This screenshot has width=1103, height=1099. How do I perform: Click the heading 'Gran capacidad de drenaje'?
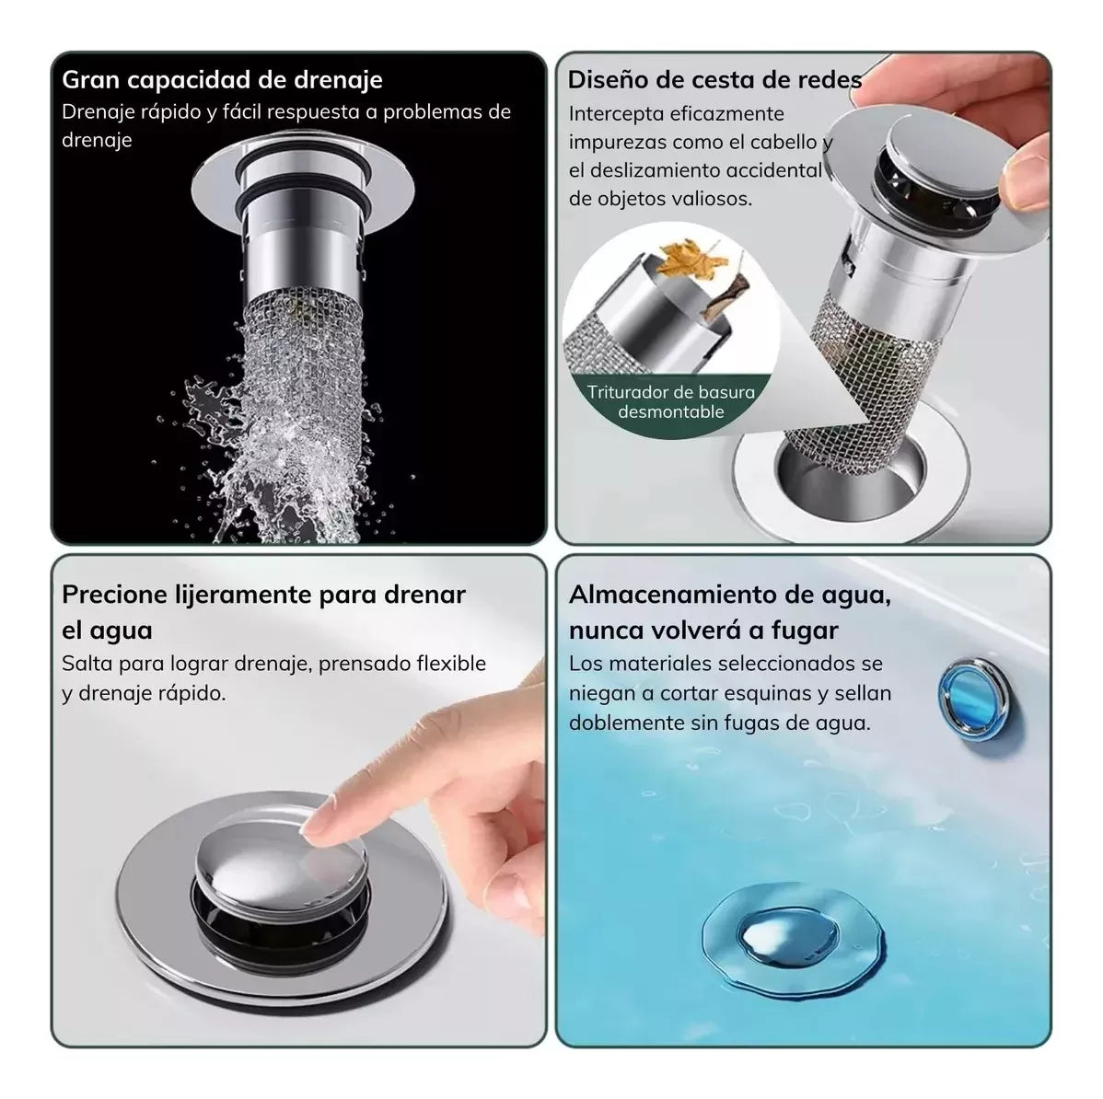[222, 80]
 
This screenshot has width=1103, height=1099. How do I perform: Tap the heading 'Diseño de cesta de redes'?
[714, 80]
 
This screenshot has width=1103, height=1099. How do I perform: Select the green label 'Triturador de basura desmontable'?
[671, 401]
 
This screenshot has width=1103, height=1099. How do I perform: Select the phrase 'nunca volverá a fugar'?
[702, 630]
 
